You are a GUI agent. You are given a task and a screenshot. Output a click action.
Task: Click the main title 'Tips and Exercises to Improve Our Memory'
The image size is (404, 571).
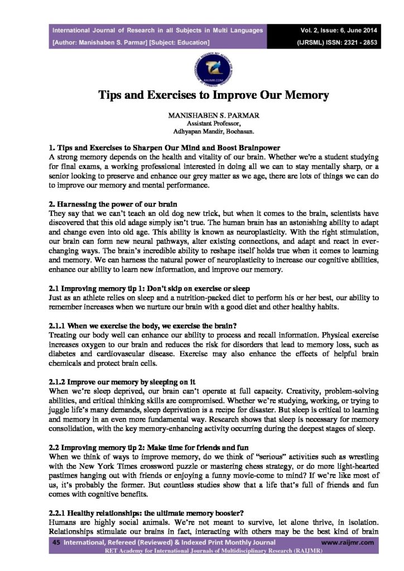(x=214, y=95)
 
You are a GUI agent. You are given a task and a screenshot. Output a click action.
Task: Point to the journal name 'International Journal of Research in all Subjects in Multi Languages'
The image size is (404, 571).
(x=157, y=30)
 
